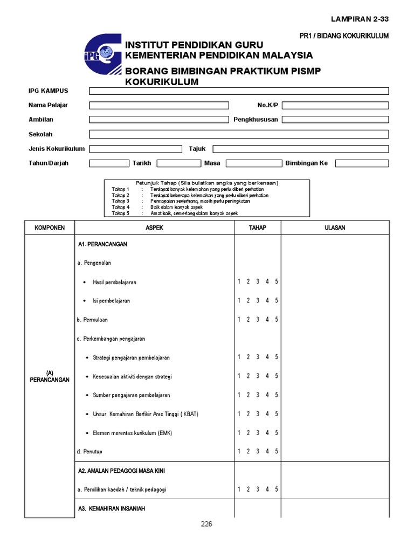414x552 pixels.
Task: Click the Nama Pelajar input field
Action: (159, 105)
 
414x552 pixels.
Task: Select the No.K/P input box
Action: (335, 105)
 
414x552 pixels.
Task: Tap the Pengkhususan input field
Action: (335, 120)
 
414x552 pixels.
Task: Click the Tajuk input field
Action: (301, 149)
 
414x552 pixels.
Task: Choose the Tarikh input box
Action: (178, 163)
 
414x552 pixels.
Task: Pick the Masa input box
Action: (253, 163)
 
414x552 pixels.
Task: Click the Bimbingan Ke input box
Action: (362, 163)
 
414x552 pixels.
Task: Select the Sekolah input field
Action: (239, 134)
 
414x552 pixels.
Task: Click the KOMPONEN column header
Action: (50, 227)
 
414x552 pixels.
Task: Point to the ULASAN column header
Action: (335, 227)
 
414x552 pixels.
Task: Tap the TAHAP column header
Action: (257, 227)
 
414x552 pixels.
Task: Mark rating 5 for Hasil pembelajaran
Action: (277, 281)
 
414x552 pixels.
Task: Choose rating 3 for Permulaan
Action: (258, 320)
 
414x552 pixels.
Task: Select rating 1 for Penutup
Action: (239, 451)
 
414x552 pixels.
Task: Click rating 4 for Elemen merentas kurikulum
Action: (267, 432)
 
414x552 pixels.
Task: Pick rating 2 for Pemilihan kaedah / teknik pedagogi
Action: (248, 489)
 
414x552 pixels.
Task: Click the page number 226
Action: (206, 524)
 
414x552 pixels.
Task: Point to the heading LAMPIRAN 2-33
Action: (360, 19)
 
